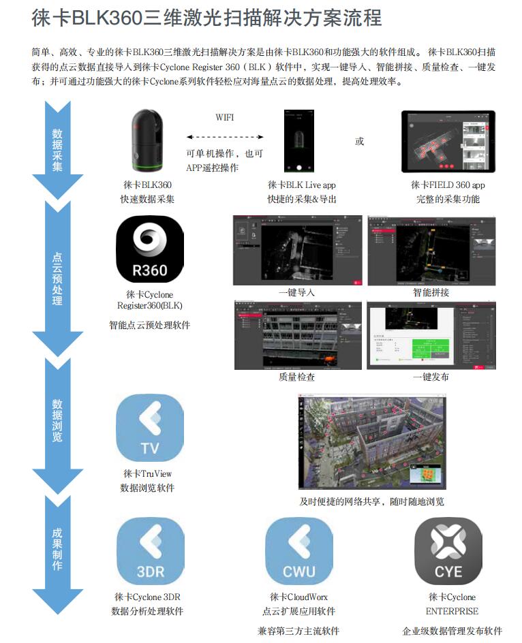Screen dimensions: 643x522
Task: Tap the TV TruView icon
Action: (150, 428)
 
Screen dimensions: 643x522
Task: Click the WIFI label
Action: (224, 117)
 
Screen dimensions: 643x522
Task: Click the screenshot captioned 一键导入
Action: (297, 250)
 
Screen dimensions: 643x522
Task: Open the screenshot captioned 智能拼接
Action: (431, 250)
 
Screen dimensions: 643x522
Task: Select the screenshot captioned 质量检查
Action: (297, 334)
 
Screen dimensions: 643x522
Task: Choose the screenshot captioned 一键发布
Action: (431, 334)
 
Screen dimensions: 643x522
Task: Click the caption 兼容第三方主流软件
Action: (298, 631)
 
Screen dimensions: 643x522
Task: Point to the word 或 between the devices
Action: (360, 142)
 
